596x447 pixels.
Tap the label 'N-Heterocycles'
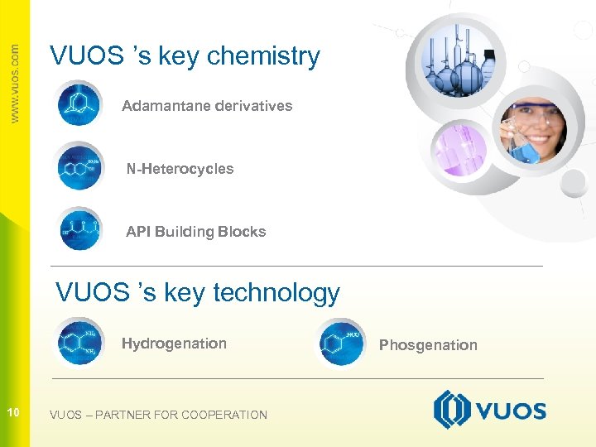pos(180,169)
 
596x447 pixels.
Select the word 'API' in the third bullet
pos(138,232)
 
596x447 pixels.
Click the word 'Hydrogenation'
pos(174,344)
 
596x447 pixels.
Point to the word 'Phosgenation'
pos(428,345)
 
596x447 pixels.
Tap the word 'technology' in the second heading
pos(276,292)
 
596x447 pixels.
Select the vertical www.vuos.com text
pos(14,83)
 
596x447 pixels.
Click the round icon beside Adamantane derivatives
pos(79,104)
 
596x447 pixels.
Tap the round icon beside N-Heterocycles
pos(79,166)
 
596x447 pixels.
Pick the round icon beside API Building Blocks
pos(79,228)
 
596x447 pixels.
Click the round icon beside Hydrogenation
pos(79,341)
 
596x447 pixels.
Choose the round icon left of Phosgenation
pos(341,341)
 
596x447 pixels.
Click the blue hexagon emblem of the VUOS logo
pos(452,410)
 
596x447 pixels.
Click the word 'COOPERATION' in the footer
pos(224,415)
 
